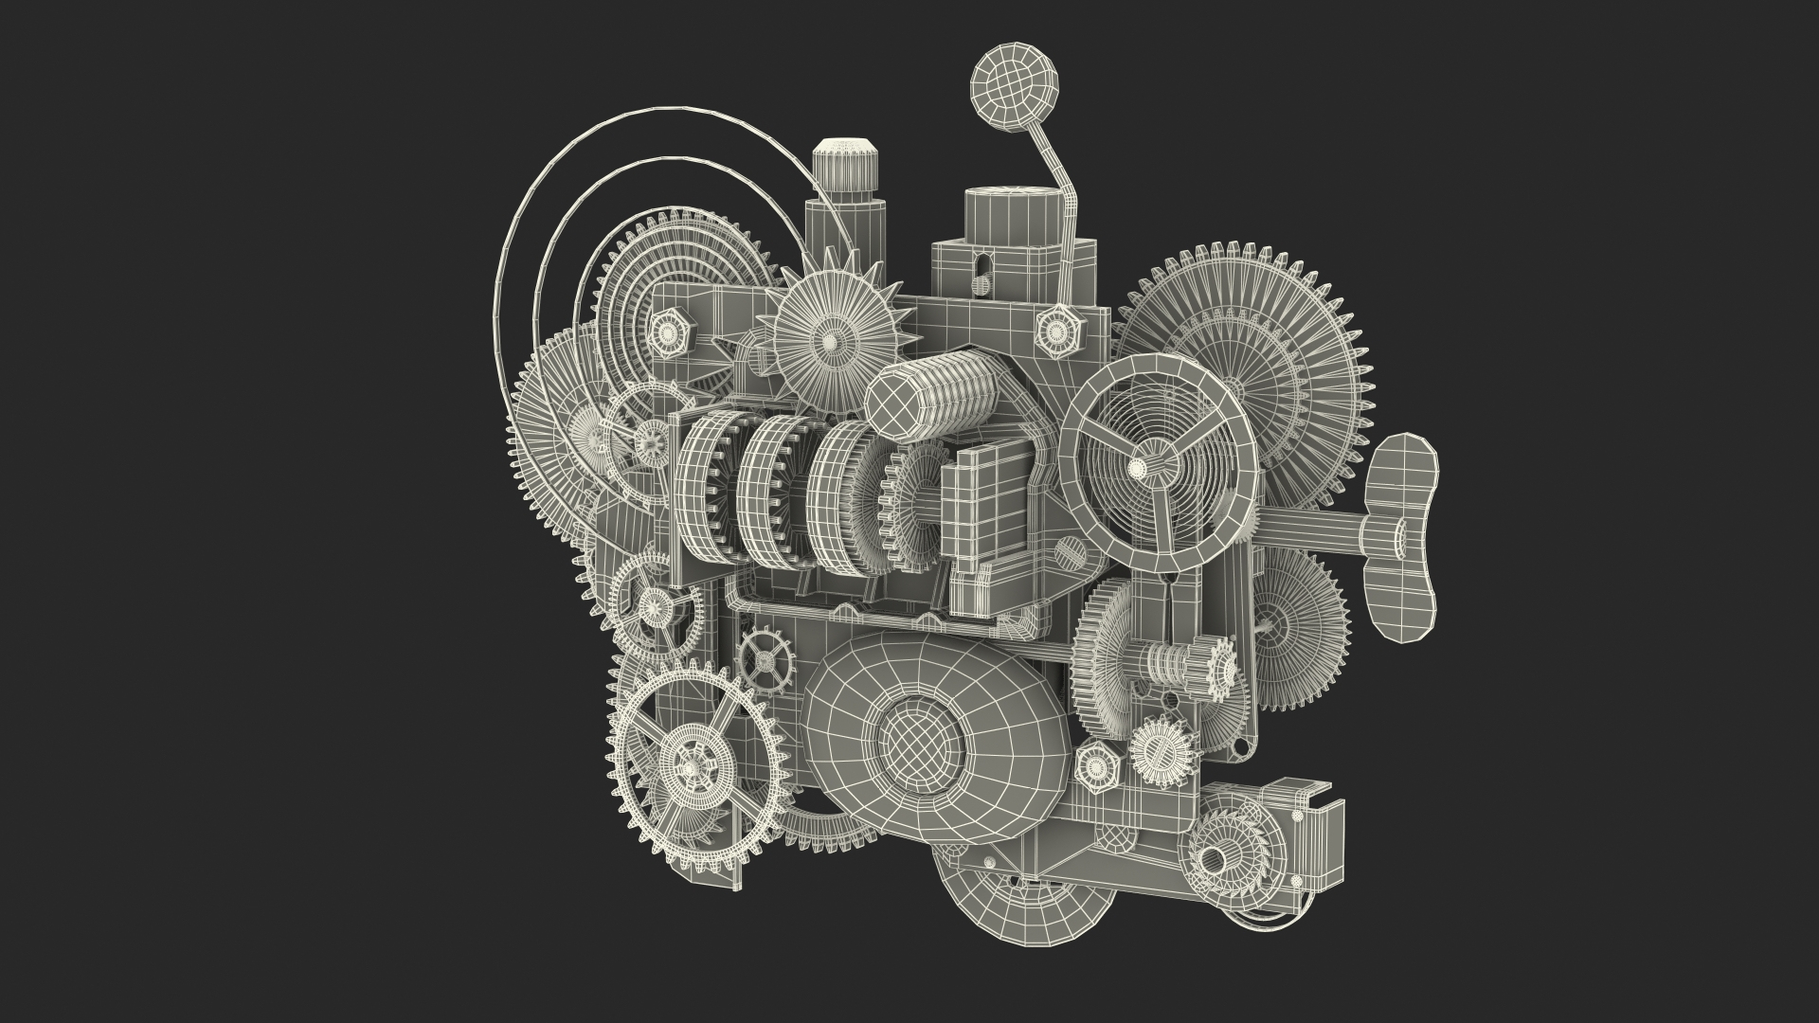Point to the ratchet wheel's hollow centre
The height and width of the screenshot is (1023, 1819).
(x=1214, y=857)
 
